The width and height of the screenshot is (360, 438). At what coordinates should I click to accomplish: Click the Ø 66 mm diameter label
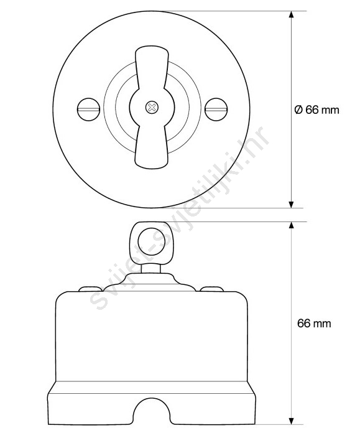[316, 109]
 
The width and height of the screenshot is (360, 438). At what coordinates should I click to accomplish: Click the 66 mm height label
[314, 324]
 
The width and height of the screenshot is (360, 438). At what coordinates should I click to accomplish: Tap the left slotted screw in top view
[88, 109]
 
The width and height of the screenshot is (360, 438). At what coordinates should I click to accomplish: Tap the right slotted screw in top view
[216, 109]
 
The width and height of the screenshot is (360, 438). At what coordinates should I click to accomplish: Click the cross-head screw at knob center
[152, 107]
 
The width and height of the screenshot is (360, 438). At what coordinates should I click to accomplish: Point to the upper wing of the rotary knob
[152, 67]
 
